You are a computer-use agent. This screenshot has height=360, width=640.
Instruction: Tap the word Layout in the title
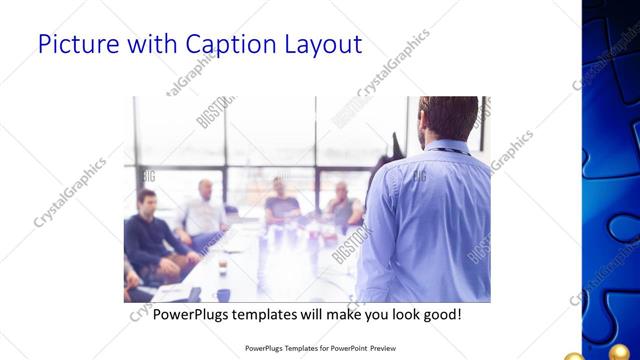(318, 44)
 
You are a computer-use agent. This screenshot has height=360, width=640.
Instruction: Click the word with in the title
(152, 44)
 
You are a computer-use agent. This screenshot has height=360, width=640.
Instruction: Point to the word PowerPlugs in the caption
(192, 314)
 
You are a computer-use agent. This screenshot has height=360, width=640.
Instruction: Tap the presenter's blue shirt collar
(446, 150)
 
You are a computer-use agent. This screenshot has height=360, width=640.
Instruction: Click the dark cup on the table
(222, 294)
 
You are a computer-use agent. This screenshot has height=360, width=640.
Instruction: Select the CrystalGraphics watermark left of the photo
(70, 190)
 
